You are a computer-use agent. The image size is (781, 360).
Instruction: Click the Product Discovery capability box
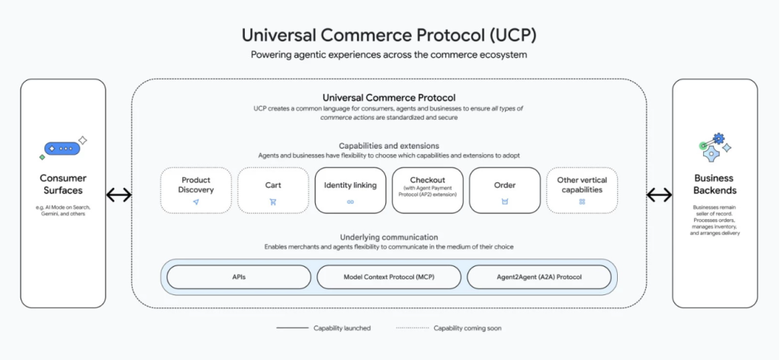(x=196, y=190)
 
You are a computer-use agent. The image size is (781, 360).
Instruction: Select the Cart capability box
(x=273, y=190)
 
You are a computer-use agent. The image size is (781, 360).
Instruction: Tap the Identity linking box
(x=350, y=190)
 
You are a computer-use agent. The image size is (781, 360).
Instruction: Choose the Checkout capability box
(x=427, y=190)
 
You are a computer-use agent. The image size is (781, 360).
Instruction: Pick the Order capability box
(x=505, y=190)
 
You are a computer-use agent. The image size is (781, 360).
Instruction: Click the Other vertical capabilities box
(x=582, y=190)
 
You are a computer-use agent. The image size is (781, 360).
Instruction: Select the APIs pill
(x=239, y=277)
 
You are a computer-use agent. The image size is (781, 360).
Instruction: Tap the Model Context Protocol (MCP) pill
(x=389, y=277)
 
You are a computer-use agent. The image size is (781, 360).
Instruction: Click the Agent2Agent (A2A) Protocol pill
(x=539, y=277)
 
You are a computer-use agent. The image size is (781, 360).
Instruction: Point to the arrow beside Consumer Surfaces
(x=119, y=195)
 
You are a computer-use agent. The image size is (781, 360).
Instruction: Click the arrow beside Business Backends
(x=659, y=195)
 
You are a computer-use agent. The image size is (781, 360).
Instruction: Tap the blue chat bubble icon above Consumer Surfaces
(x=63, y=149)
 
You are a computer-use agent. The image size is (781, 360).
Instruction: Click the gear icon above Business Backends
(x=718, y=138)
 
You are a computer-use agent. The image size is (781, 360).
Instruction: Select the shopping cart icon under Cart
(x=273, y=201)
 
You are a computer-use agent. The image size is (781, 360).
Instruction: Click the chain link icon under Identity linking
(x=350, y=201)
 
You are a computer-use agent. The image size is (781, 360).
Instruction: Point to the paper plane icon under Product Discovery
(x=196, y=201)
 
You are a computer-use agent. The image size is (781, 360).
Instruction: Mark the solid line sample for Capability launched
(x=292, y=328)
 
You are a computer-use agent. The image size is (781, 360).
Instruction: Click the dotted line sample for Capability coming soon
(x=412, y=328)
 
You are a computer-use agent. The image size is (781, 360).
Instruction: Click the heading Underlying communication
(x=389, y=237)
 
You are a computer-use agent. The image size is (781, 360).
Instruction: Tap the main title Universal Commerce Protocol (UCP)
(x=389, y=35)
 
